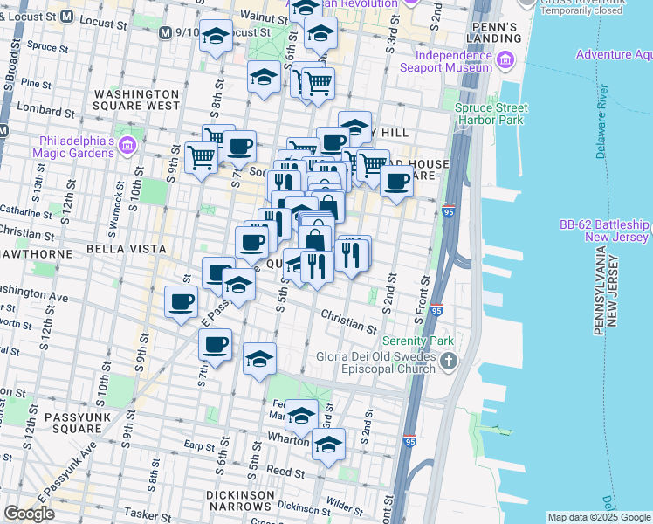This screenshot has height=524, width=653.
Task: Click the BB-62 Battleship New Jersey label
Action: [x=605, y=231]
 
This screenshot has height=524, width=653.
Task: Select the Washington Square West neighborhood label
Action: [x=137, y=100]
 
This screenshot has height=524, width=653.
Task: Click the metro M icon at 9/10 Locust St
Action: [x=165, y=33]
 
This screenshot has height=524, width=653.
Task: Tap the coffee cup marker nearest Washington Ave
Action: [x=182, y=302]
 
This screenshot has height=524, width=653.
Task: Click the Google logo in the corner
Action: [x=29, y=514]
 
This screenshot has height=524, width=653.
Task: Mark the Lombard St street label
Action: [x=38, y=111]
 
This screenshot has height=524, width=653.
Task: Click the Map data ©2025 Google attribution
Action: [x=600, y=517]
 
